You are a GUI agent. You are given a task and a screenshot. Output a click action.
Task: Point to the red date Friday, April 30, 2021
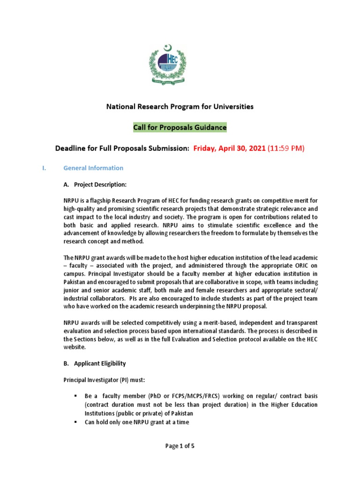coord(229,149)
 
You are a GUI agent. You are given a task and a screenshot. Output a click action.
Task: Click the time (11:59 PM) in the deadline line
coord(286,149)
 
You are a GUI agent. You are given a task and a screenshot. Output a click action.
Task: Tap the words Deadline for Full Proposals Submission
coord(122,149)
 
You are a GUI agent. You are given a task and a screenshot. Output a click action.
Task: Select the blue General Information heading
coord(93,168)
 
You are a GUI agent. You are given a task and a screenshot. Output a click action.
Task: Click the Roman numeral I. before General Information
coord(45,168)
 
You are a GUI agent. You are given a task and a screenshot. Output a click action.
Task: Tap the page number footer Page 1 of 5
coord(180,446)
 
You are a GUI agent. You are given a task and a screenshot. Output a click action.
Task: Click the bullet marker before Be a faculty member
coord(75,396)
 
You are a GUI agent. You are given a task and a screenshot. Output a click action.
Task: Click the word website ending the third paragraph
coord(74,347)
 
